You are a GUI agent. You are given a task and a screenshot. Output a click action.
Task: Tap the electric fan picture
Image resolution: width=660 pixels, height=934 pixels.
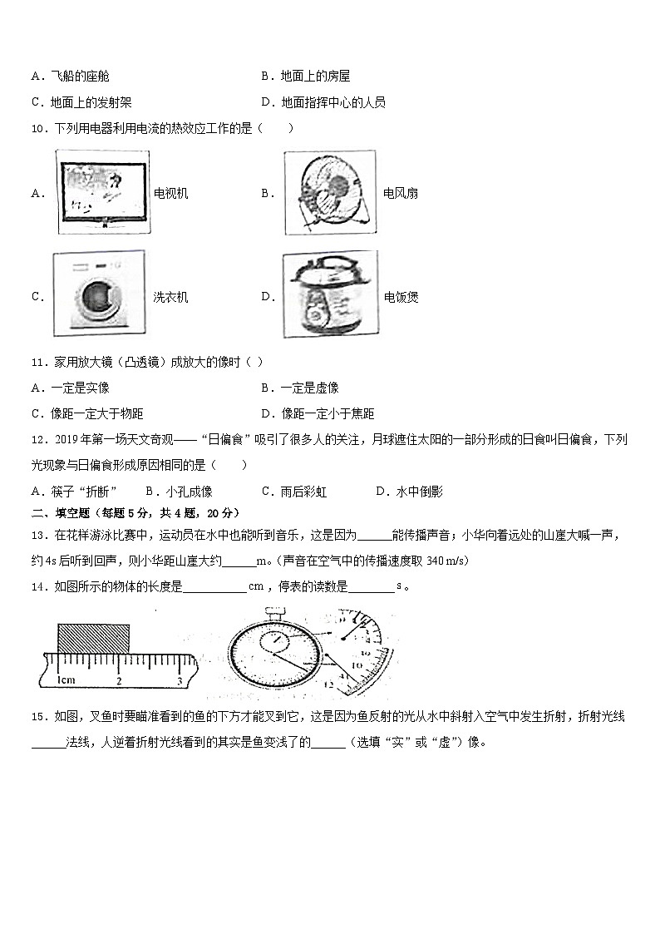click(x=330, y=193)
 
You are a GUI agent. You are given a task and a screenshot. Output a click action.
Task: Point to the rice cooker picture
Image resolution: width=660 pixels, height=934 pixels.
click(x=329, y=295)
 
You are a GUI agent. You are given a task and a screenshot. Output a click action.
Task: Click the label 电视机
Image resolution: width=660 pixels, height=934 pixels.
click(x=171, y=194)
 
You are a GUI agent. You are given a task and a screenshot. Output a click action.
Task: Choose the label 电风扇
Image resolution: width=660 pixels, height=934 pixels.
click(x=401, y=194)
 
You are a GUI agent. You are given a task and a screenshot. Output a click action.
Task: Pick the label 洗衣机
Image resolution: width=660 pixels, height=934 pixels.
click(x=171, y=297)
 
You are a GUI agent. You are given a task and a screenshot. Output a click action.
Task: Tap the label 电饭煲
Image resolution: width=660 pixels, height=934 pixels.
click(x=401, y=297)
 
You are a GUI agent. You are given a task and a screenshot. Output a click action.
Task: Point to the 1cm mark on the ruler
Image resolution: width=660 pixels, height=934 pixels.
click(x=66, y=680)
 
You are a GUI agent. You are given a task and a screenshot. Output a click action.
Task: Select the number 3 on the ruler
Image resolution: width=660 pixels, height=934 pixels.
click(x=180, y=681)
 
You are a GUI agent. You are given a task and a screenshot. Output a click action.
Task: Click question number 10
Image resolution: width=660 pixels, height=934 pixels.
click(x=37, y=128)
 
